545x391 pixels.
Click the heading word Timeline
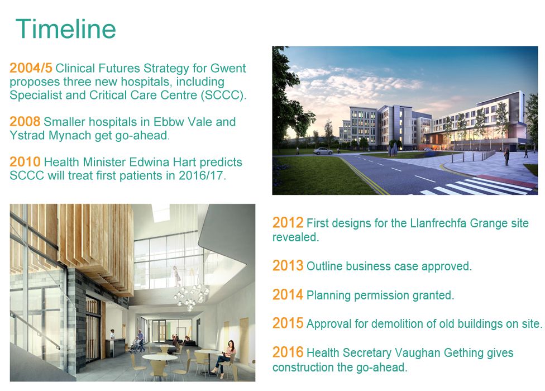(x=66, y=29)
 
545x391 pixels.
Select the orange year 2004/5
(x=31, y=69)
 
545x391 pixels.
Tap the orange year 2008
(x=25, y=122)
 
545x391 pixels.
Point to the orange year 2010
(x=25, y=162)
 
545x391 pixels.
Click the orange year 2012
(x=288, y=223)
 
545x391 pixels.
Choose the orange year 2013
(x=288, y=266)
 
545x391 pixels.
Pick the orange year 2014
(x=288, y=295)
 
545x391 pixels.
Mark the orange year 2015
(x=288, y=323)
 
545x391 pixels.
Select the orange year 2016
(x=288, y=352)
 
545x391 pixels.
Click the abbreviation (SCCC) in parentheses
(x=223, y=95)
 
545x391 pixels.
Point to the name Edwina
(x=151, y=163)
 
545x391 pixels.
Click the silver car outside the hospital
(x=323, y=151)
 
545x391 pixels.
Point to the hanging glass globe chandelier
(x=189, y=296)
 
